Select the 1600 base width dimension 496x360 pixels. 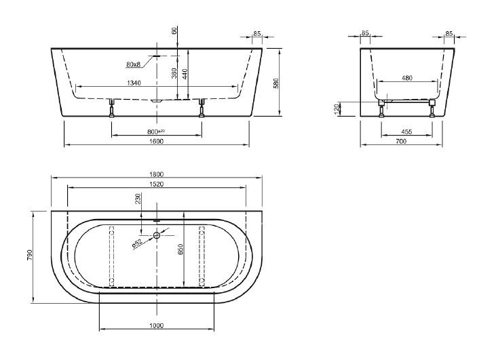click(157, 141)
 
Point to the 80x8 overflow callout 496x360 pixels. click(134, 64)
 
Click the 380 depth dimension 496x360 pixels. click(174, 74)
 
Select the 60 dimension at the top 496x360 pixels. click(174, 31)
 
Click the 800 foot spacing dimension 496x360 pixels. click(157, 130)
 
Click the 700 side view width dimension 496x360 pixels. click(400, 141)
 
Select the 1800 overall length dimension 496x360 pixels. click(157, 175)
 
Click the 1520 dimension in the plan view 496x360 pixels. click(157, 184)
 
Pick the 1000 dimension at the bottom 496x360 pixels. click(157, 326)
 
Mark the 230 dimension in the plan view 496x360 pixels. click(139, 199)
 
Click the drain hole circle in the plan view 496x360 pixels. click(157, 236)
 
